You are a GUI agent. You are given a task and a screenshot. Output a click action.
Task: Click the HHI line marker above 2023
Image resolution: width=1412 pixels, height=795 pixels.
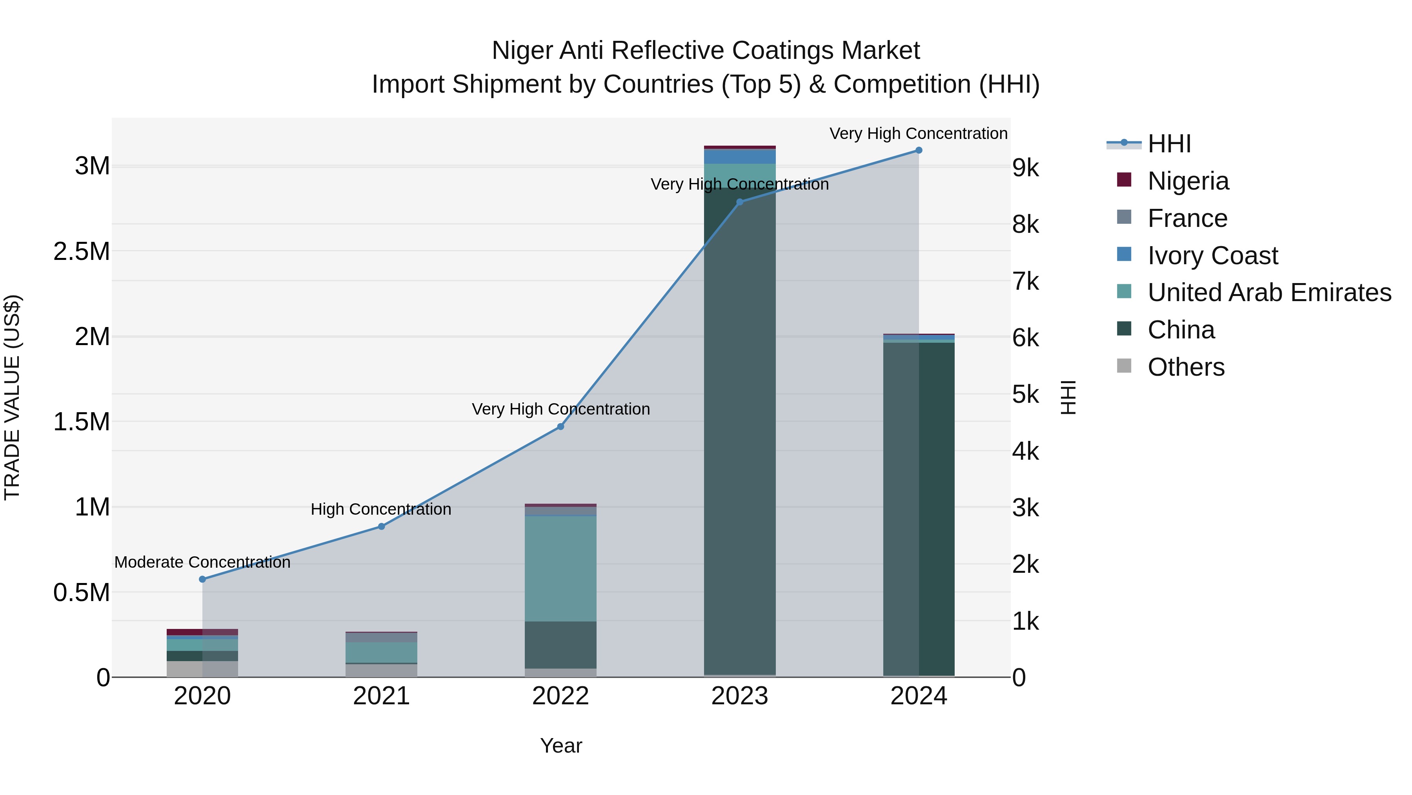pyautogui.click(x=739, y=202)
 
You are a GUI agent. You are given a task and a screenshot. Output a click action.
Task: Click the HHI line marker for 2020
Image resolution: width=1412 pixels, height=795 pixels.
pyautogui.click(x=202, y=579)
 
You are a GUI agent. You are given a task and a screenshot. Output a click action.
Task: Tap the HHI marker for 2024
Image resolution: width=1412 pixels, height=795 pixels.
pyautogui.click(x=919, y=150)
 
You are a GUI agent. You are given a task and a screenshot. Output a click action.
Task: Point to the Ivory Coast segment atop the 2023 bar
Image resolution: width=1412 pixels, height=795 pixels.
pyautogui.click(x=739, y=156)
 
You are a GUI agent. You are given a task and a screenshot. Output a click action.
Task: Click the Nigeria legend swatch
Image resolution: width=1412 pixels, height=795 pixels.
pyautogui.click(x=1124, y=180)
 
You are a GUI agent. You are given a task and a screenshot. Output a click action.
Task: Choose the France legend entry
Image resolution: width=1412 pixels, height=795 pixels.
pyautogui.click(x=1187, y=218)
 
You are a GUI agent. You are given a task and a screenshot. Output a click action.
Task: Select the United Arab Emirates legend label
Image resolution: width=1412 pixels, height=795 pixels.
pyautogui.click(x=1269, y=292)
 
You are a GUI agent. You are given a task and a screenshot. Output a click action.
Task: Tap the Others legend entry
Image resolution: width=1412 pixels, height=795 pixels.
pyautogui.click(x=1186, y=367)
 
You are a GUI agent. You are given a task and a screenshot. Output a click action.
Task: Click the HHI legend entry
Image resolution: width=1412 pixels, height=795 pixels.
pyautogui.click(x=1169, y=144)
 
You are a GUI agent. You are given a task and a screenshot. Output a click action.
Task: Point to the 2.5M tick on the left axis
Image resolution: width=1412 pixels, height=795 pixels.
pyautogui.click(x=82, y=251)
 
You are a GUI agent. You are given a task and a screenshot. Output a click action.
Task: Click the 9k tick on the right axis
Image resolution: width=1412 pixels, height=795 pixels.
pyautogui.click(x=1025, y=168)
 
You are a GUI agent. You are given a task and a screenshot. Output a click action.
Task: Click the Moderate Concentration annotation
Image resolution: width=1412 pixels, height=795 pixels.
pyautogui.click(x=202, y=562)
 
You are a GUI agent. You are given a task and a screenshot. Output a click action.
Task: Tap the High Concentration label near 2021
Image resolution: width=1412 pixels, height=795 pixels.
pyautogui.click(x=381, y=509)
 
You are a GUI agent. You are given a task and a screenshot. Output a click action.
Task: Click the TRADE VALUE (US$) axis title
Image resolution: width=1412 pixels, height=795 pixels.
pyautogui.click(x=12, y=397)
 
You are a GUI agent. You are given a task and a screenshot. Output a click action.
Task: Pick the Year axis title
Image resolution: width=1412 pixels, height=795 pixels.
pyautogui.click(x=561, y=746)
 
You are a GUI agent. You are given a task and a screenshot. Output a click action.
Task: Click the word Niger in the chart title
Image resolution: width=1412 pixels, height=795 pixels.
pyautogui.click(x=521, y=51)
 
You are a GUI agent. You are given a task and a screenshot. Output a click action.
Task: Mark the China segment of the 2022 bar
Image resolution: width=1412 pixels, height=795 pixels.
pyautogui.click(x=560, y=645)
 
